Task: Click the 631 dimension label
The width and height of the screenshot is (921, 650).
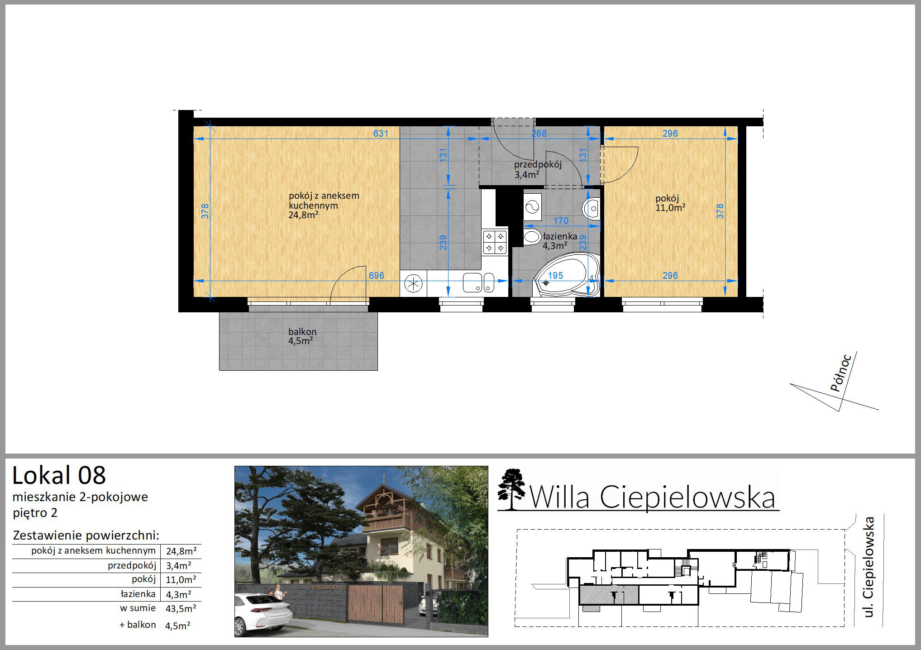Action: pyautogui.click(x=381, y=134)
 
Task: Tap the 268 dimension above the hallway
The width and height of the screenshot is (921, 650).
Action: pyautogui.click(x=539, y=134)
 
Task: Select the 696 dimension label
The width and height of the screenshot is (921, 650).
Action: pyautogui.click(x=376, y=276)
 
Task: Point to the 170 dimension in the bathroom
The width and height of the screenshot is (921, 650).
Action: pyautogui.click(x=561, y=221)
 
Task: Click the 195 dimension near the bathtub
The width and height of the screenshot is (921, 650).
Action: pyautogui.click(x=555, y=276)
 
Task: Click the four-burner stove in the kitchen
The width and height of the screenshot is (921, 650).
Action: pyautogui.click(x=495, y=242)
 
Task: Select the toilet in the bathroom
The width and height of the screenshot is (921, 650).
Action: pyautogui.click(x=532, y=237)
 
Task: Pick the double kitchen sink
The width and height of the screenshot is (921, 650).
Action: pyautogui.click(x=478, y=283)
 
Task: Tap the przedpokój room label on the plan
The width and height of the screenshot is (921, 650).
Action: pyautogui.click(x=538, y=165)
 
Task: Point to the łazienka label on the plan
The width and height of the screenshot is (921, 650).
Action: pyautogui.click(x=560, y=236)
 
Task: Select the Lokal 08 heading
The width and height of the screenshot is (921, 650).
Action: pyautogui.click(x=59, y=475)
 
